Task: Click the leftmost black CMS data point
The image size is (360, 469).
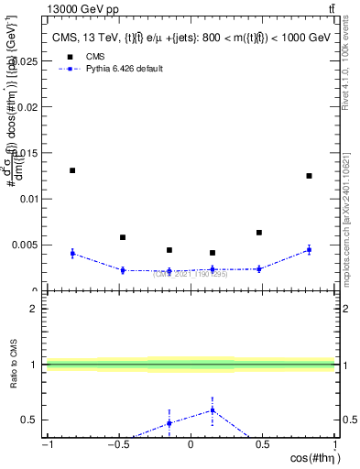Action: pos(72,170)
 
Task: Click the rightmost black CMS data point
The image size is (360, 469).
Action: pos(310,176)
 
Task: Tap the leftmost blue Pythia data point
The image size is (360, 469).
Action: pos(72,253)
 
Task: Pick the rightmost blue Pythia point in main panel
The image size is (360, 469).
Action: pos(310,249)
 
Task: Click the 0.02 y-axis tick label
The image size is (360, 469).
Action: pos(30,106)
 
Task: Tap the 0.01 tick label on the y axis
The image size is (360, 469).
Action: pos(30,199)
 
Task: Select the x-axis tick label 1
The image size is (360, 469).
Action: pos(333,444)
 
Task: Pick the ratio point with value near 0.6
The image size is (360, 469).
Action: pos(213,409)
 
